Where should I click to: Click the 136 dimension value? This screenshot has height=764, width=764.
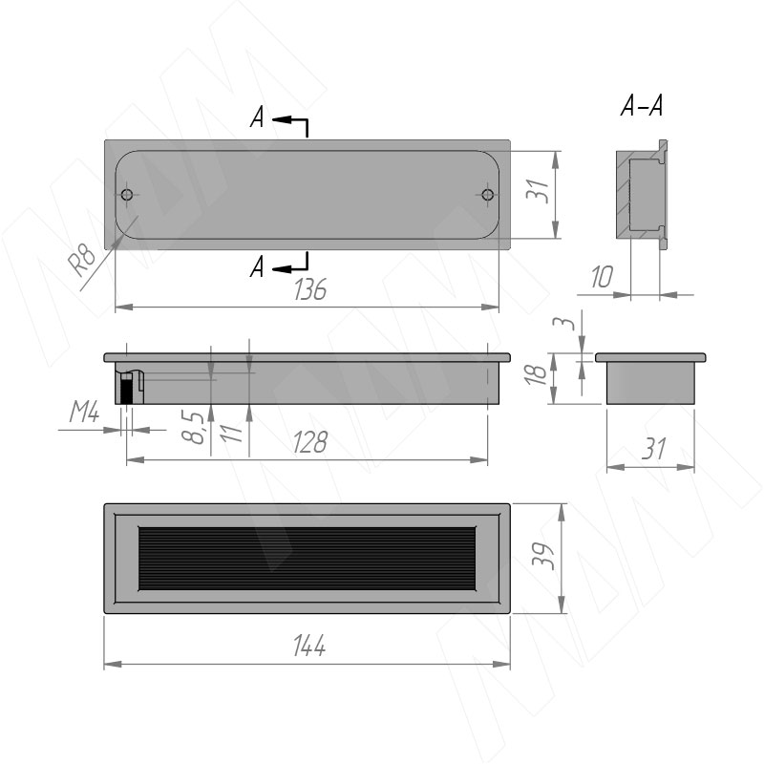coord(310,289)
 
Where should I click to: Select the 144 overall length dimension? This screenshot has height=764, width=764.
coord(309,647)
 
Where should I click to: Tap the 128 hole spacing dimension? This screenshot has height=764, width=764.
coord(310,443)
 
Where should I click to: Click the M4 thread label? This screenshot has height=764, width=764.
coord(84,414)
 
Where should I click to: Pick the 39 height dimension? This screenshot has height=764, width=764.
coord(542,556)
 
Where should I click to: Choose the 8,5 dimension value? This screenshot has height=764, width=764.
coord(193,427)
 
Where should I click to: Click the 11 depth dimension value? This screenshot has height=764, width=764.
coord(231,434)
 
